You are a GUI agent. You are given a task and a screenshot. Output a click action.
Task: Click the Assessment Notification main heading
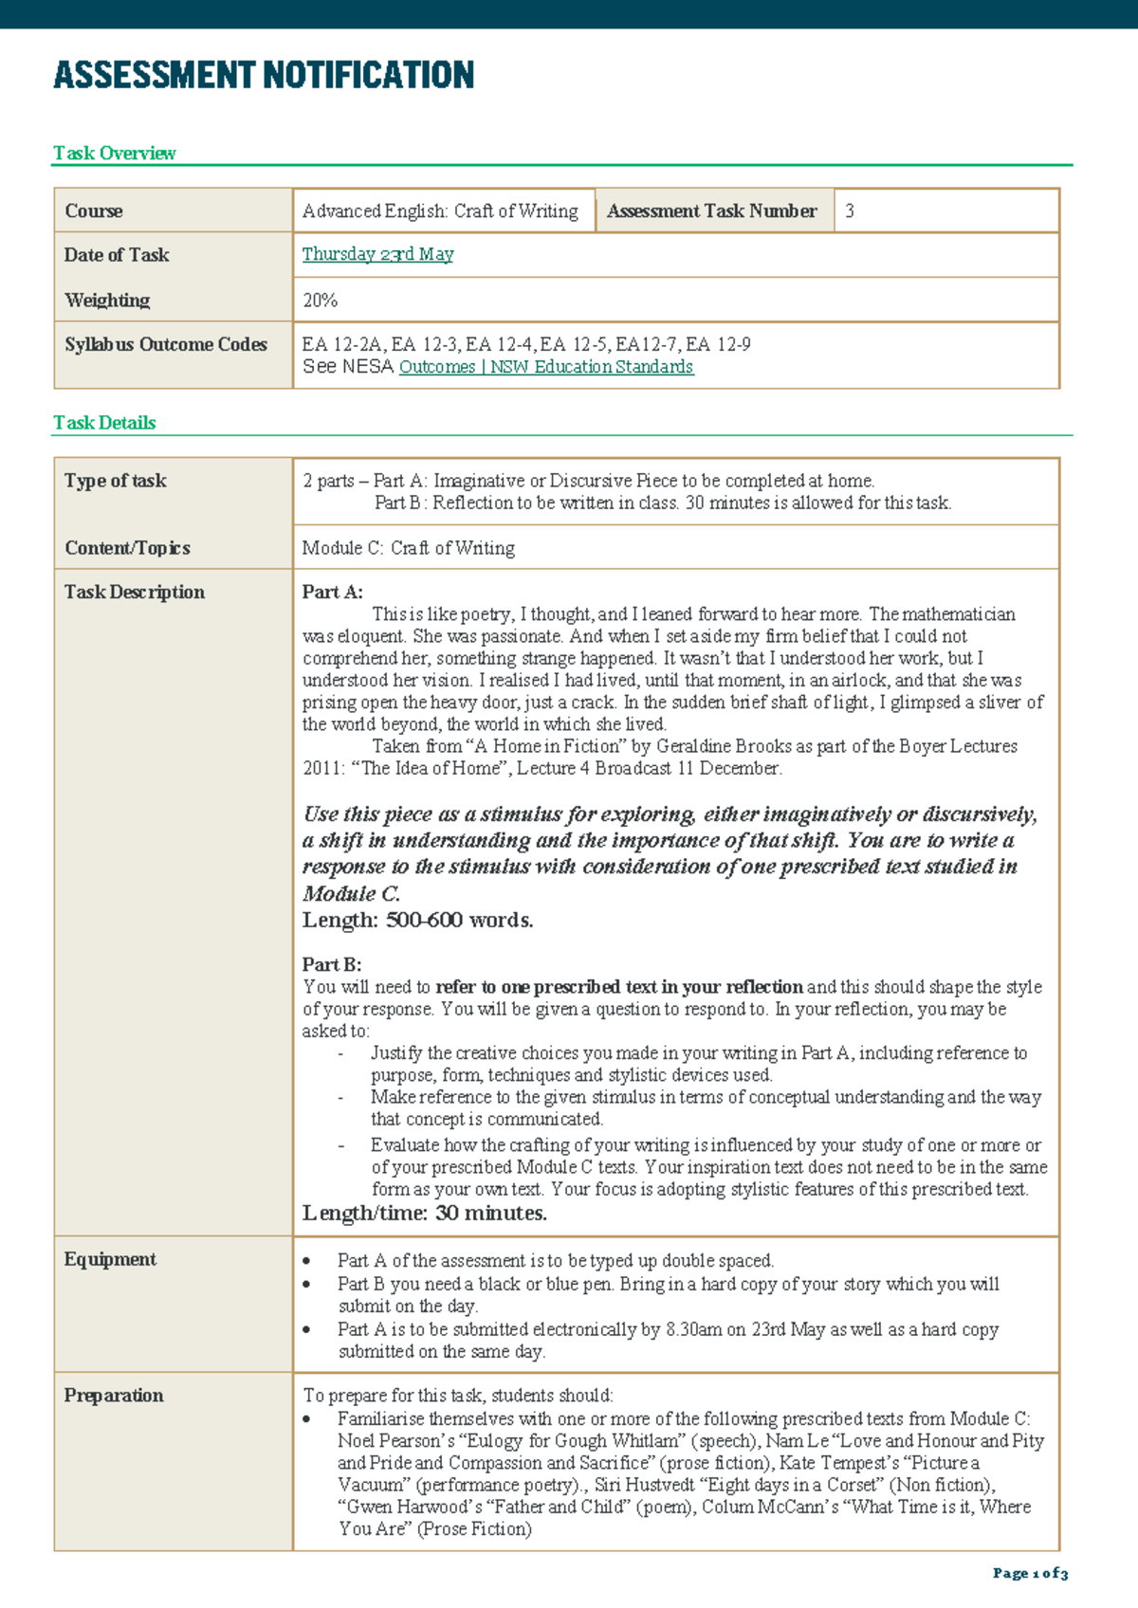[x=264, y=75]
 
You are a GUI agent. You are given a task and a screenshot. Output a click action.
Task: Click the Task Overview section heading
[x=115, y=154]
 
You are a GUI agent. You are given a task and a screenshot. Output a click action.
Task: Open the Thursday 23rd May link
[x=377, y=254]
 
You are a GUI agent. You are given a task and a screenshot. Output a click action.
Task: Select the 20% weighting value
[x=321, y=301]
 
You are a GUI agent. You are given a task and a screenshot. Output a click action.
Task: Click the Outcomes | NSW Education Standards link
[x=546, y=367]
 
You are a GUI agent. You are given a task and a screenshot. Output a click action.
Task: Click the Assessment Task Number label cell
[x=711, y=211]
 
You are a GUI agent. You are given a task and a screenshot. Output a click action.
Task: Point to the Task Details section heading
[x=104, y=423]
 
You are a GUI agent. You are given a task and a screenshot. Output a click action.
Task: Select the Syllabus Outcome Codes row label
[x=166, y=344]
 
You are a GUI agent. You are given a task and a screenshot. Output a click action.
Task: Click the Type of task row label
[x=116, y=481]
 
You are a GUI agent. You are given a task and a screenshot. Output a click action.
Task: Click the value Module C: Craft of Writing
[x=409, y=548]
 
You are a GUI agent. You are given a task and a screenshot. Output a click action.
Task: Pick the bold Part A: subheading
[x=333, y=592]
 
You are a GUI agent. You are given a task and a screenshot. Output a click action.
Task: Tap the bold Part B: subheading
[x=332, y=964]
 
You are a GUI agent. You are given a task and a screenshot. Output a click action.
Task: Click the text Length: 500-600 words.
[x=417, y=920]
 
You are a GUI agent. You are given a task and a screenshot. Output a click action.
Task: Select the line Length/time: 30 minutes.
[x=424, y=1214]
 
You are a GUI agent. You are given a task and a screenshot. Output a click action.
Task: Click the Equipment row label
[x=110, y=1259]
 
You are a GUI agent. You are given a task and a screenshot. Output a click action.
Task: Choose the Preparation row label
[x=114, y=1395]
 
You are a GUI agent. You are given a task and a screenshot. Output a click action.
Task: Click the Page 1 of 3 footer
[x=1030, y=1573]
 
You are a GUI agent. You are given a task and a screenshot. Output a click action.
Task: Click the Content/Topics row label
[x=127, y=548]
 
